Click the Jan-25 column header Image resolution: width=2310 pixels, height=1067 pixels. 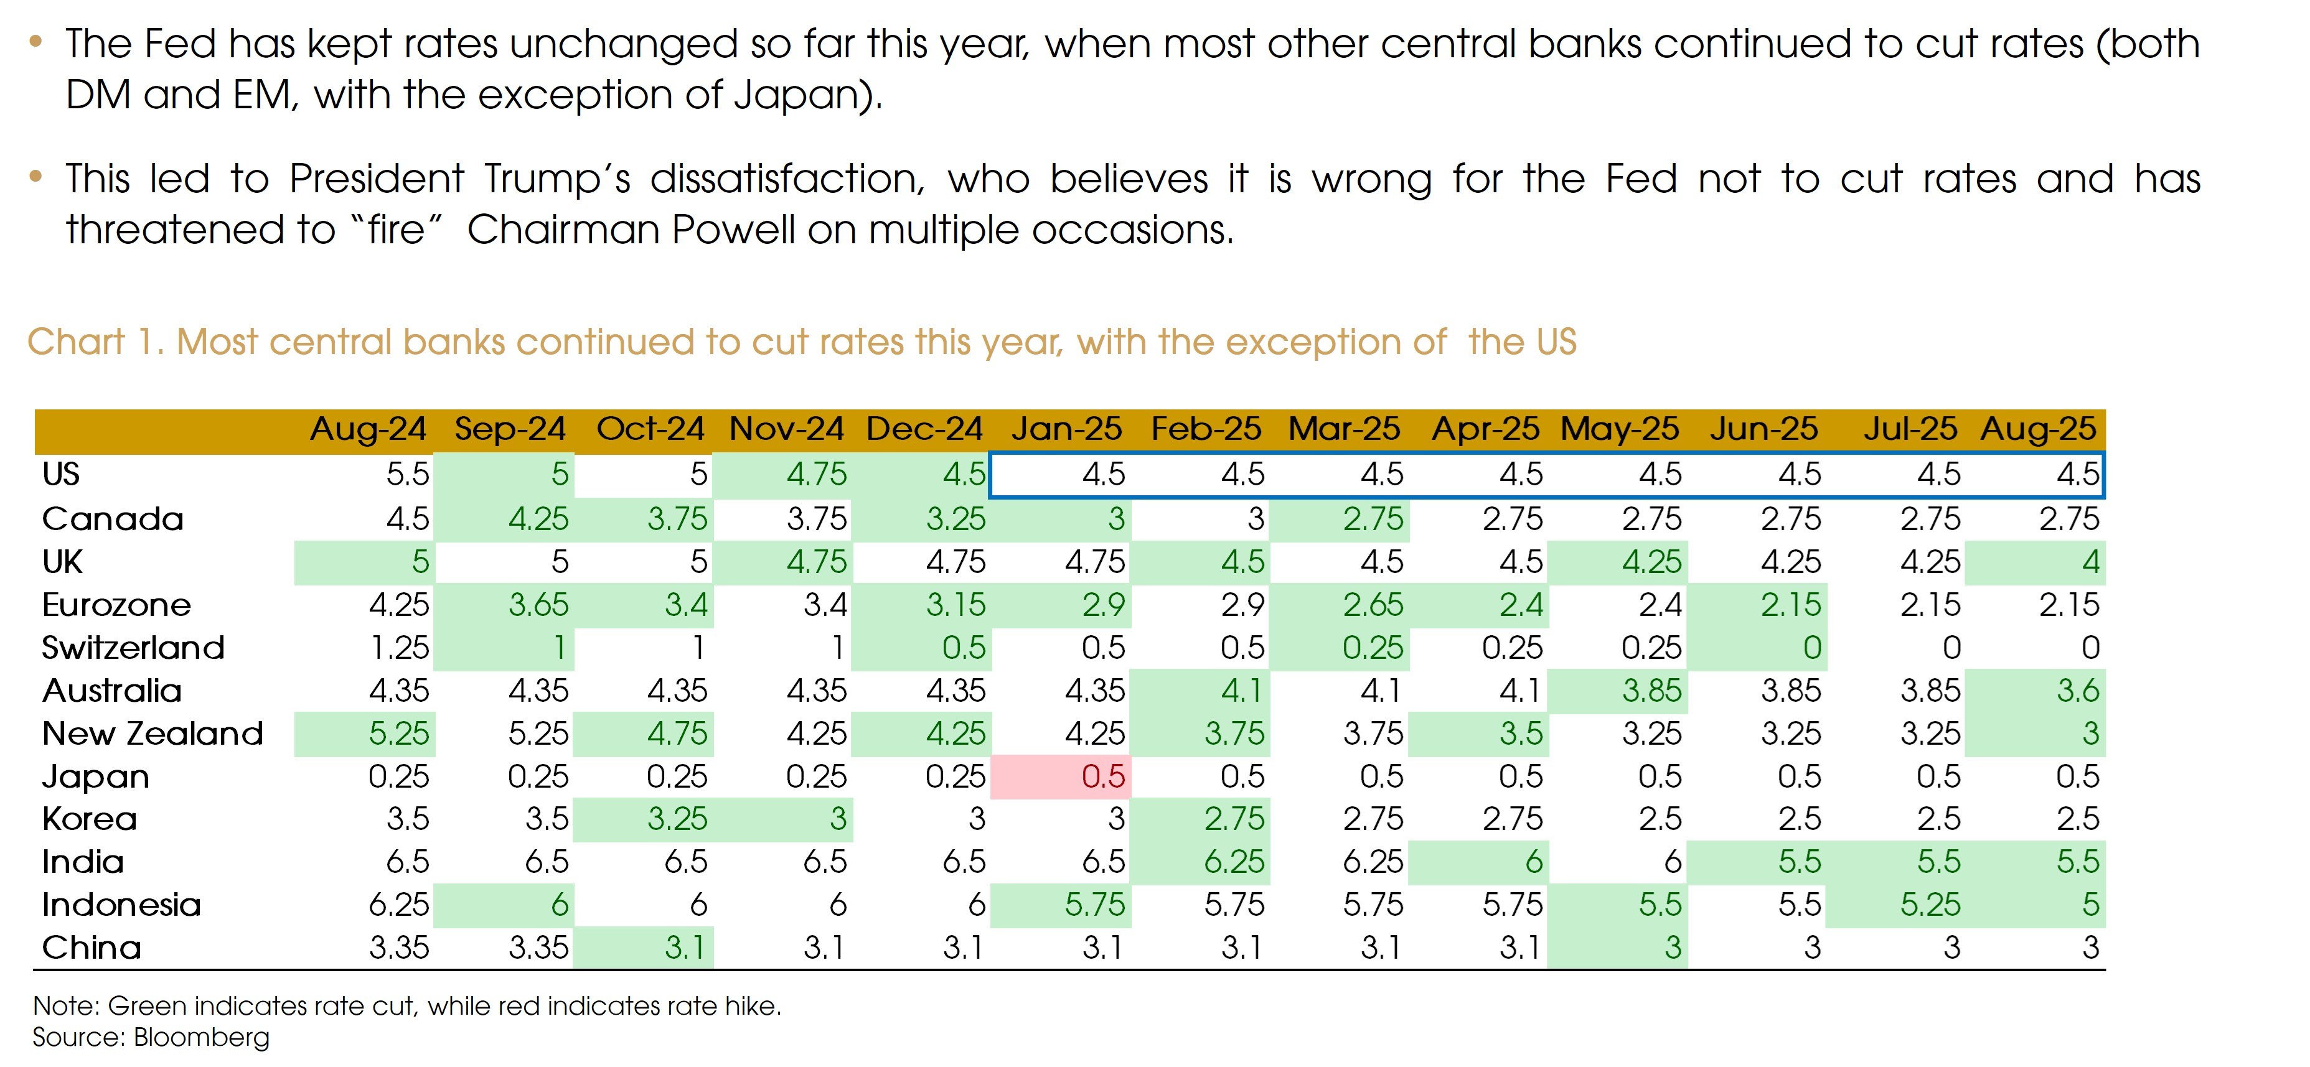click(1066, 429)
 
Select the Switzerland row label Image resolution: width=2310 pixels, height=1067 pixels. click(133, 648)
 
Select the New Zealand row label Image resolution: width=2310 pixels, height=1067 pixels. click(153, 734)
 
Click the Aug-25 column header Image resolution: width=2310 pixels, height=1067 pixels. click(2038, 429)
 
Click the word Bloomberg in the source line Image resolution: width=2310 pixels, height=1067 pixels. click(201, 1037)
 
